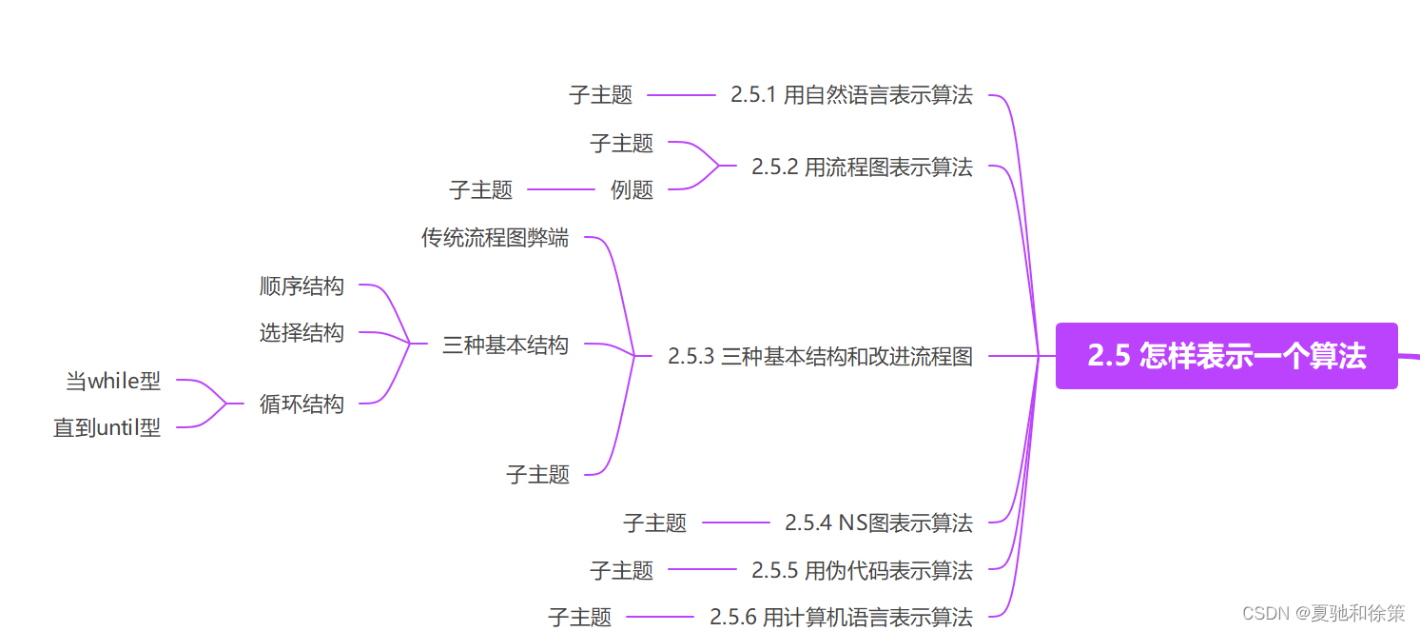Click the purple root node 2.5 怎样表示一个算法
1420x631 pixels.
coord(1226,356)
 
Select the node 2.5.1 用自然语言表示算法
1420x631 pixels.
coord(851,95)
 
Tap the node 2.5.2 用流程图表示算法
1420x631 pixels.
coord(862,167)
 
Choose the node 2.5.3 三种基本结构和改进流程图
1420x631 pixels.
coord(820,357)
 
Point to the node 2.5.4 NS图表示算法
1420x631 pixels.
coord(878,523)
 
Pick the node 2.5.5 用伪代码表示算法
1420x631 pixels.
coord(862,570)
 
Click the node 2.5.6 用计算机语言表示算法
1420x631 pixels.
coord(841,617)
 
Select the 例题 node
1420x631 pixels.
coord(632,190)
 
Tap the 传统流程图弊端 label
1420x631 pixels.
coord(495,238)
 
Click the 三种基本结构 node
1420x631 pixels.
coord(505,345)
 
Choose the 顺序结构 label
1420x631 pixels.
coord(302,286)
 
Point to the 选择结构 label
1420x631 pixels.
coord(302,333)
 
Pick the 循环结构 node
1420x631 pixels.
coord(302,404)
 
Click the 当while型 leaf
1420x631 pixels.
coord(113,381)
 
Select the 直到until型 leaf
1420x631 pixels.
coord(107,428)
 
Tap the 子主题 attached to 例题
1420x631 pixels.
coord(480,190)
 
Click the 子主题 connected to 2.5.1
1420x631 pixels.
coord(600,95)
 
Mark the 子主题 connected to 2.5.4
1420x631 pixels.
coord(654,523)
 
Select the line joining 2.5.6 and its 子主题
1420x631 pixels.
coord(660,617)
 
